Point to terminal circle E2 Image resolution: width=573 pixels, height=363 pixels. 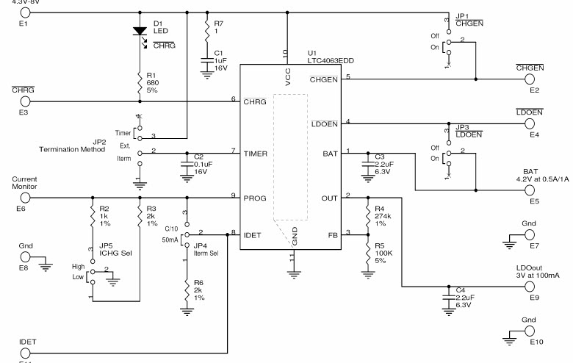[x=535, y=79]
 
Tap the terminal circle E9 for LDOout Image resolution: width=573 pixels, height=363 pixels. [x=535, y=287]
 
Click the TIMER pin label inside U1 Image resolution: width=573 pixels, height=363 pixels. [x=255, y=154]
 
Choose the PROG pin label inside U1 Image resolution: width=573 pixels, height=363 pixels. [x=254, y=198]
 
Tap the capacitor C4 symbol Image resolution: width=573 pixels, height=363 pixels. [x=447, y=298]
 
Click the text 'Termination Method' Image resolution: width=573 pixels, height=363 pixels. [x=72, y=149]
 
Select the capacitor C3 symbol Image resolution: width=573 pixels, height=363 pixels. [x=367, y=164]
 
